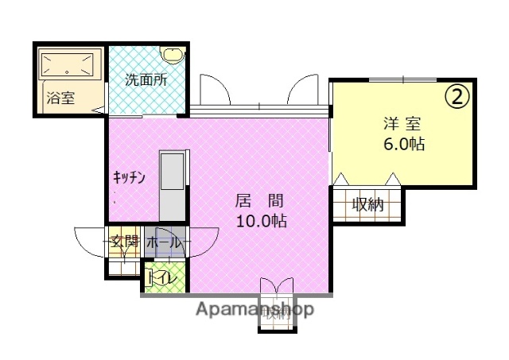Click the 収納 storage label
(x=368, y=204)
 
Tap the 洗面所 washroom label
(x=146, y=80)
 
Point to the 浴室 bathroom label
(x=60, y=99)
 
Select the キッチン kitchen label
(x=129, y=178)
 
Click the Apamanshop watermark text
(x=254, y=308)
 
